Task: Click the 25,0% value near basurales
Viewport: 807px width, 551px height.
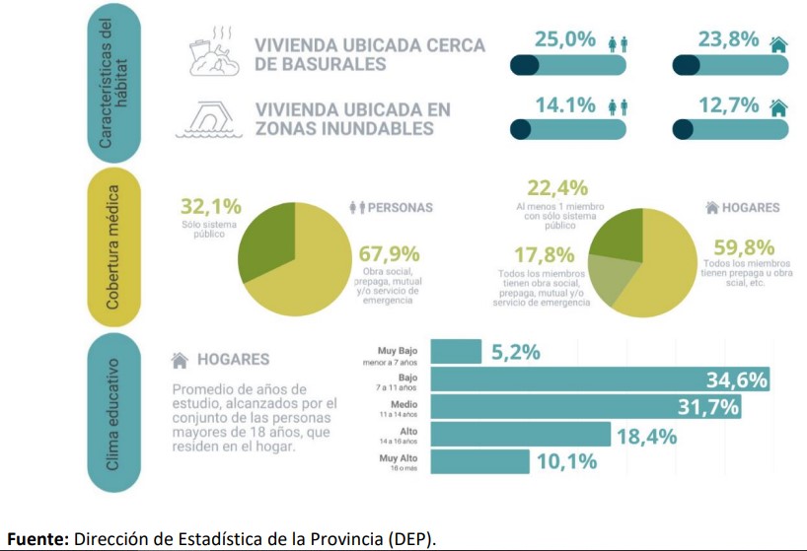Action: pyautogui.click(x=565, y=40)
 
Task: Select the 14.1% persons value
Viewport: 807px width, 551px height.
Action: pyautogui.click(x=565, y=104)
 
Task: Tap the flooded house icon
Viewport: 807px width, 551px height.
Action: pyautogui.click(x=210, y=117)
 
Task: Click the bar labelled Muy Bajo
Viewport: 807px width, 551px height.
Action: pyautogui.click(x=457, y=352)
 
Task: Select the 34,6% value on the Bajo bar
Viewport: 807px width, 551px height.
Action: pyautogui.click(x=736, y=379)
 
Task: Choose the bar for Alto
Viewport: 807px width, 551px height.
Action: pyautogui.click(x=520, y=435)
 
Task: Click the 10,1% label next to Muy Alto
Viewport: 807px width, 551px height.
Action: pyautogui.click(x=567, y=461)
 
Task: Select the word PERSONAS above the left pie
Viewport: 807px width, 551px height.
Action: pyautogui.click(x=400, y=208)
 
